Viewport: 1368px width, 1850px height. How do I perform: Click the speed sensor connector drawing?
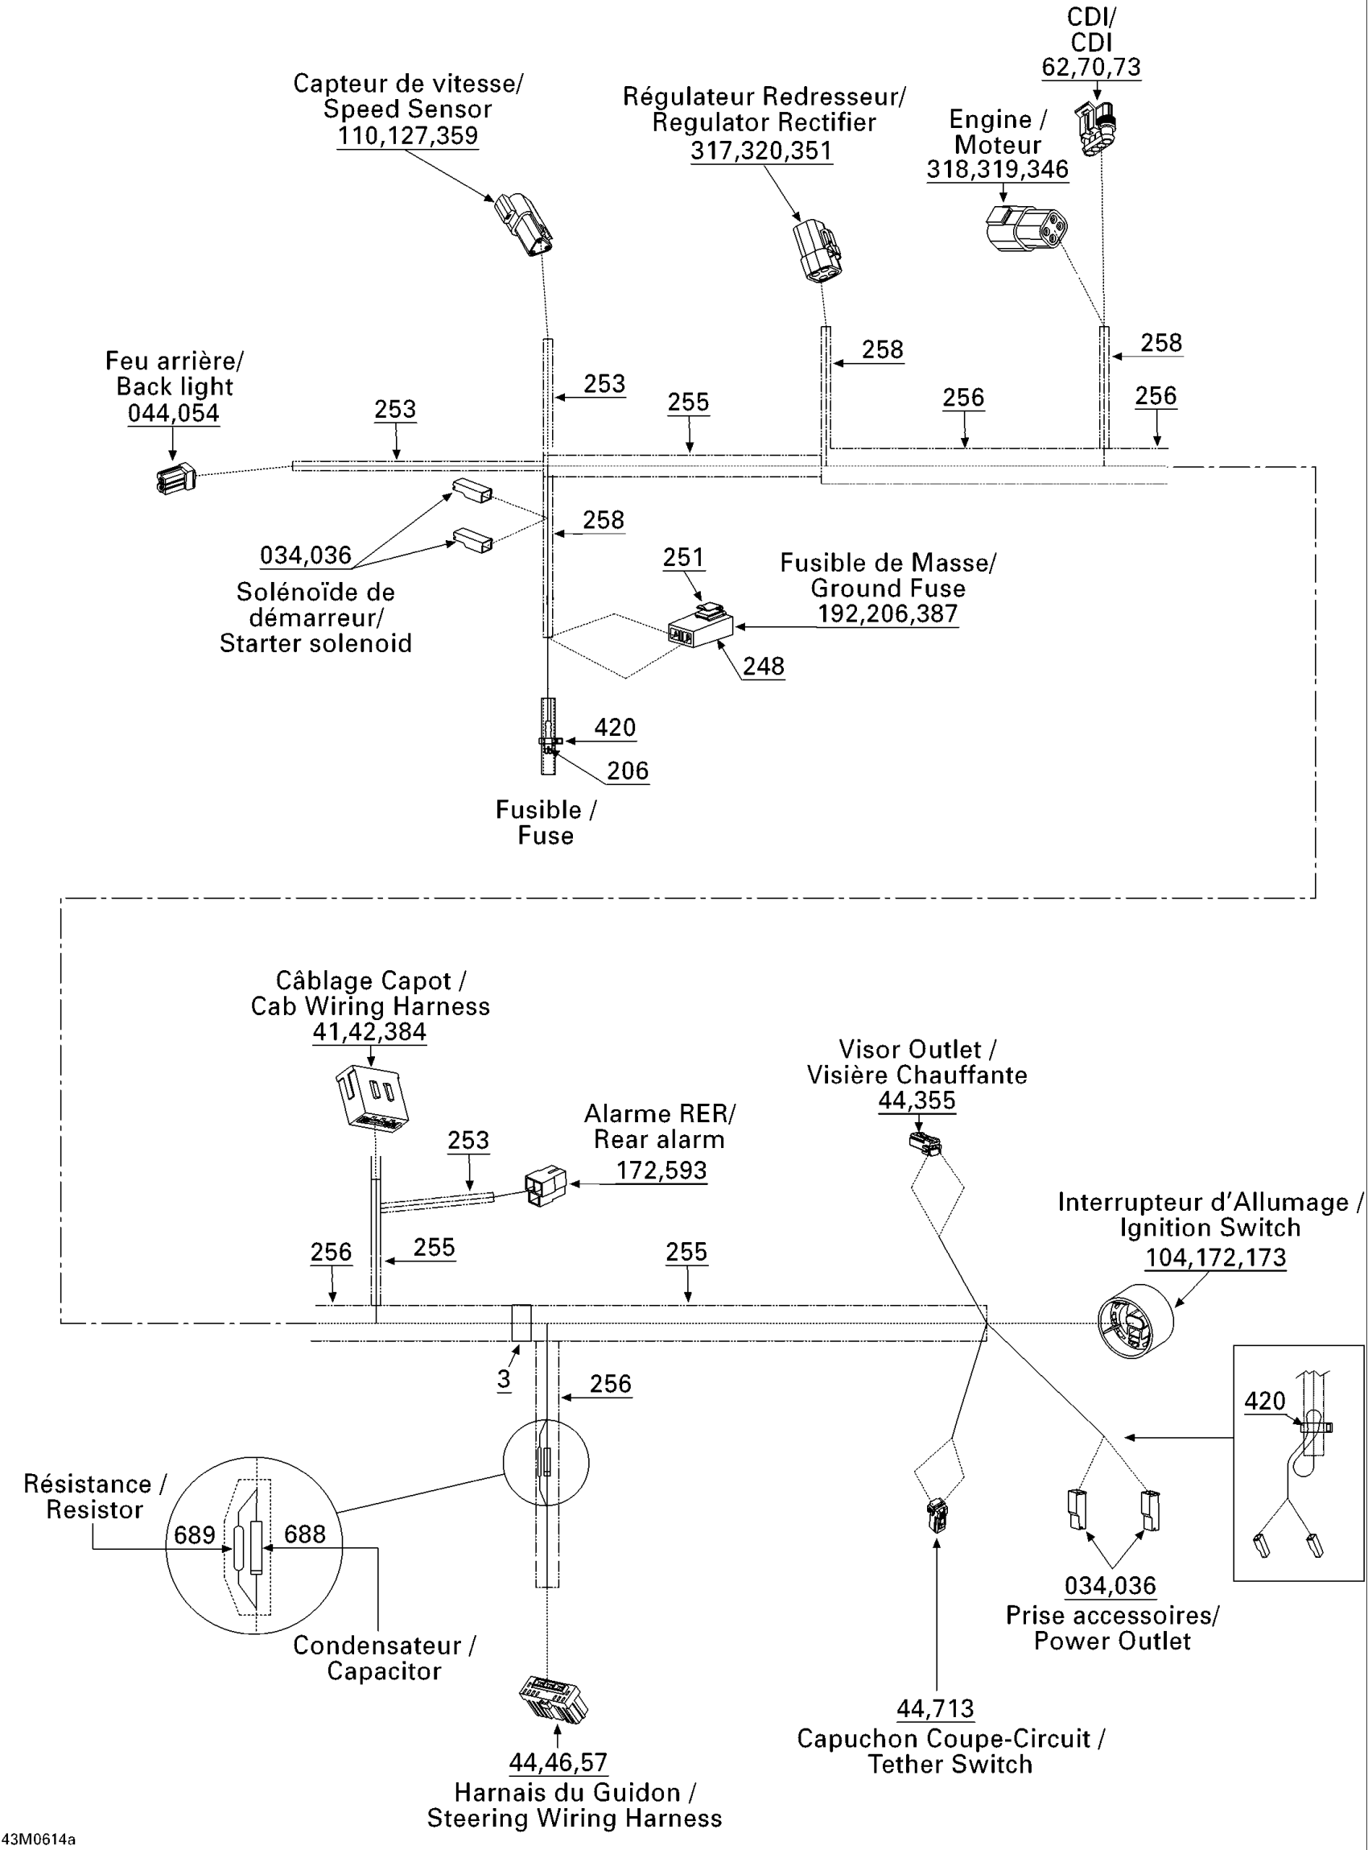coord(524,225)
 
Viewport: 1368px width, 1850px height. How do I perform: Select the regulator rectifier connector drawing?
coord(818,250)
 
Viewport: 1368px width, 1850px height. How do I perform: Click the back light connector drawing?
coord(175,478)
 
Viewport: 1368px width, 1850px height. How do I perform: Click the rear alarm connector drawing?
coord(546,1187)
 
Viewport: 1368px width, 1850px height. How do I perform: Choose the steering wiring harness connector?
coord(553,1699)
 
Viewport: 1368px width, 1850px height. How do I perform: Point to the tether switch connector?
coord(937,1515)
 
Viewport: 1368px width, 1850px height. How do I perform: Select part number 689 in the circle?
coord(195,1535)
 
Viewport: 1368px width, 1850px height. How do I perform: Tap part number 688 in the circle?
coord(305,1534)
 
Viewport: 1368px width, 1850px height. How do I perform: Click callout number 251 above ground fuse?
coord(683,558)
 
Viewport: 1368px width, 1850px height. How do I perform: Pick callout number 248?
coord(764,666)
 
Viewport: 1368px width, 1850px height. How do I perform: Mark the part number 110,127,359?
coord(407,136)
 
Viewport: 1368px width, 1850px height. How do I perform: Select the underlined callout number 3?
coord(505,1379)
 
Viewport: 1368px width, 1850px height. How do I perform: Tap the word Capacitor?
coord(384,1671)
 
